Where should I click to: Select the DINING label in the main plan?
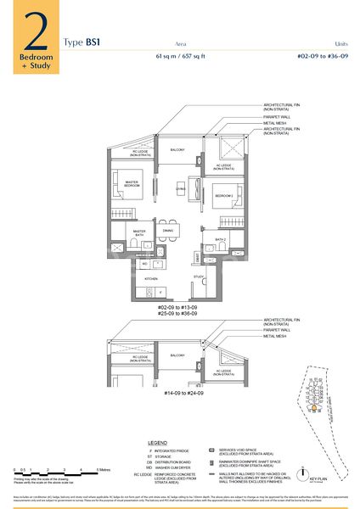point(168,231)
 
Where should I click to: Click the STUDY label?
point(197,277)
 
